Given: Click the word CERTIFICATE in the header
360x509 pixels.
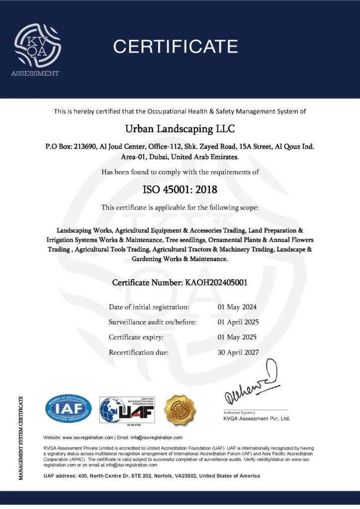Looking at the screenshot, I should (176, 46).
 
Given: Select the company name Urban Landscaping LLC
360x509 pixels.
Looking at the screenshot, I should (180, 129).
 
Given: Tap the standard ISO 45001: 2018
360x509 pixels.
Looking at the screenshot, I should (180, 189).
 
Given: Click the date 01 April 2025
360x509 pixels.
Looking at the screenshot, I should (238, 322).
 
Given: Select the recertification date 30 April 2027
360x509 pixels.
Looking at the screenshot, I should (238, 352).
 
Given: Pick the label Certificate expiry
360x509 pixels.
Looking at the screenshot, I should (136, 337).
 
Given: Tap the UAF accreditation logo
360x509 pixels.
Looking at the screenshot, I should (127, 410).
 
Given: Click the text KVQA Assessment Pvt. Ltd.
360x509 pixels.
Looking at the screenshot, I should (256, 419).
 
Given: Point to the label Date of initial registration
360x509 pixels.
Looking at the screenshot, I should (149, 307).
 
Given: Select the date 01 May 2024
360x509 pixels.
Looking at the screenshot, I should (237, 307).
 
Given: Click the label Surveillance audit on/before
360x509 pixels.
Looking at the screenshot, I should (153, 322).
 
